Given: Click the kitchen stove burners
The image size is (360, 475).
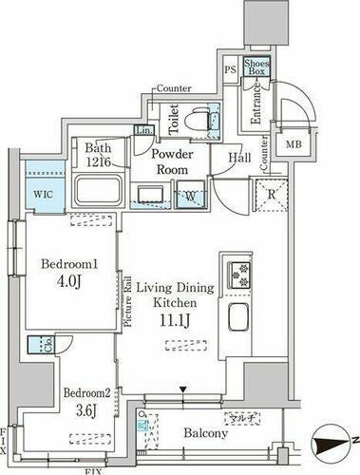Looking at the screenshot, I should [x=235, y=275].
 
